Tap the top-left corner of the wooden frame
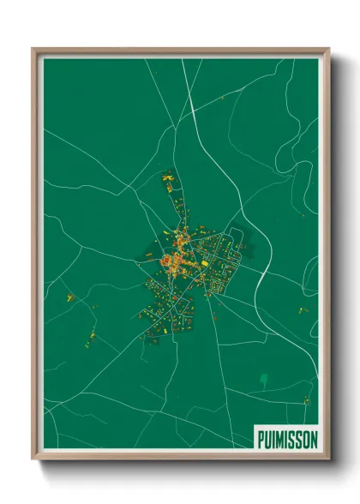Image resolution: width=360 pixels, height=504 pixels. pos(33,50)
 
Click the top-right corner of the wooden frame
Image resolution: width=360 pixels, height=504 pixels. pos(328,50)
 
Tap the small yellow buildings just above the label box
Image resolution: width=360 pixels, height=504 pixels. pos(306,401)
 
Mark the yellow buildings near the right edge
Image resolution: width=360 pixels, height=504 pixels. pos(303,309)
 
